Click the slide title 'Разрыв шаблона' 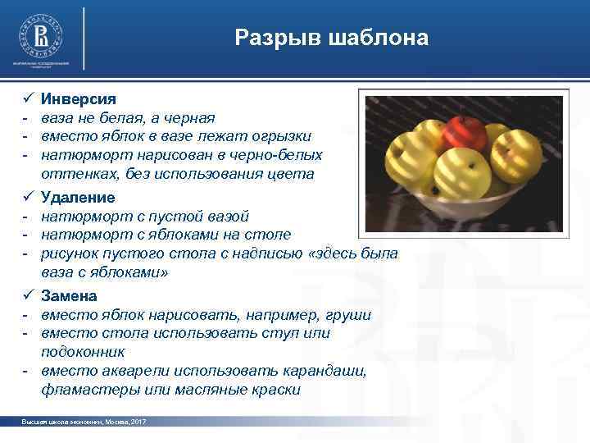[331, 38]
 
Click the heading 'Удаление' [78, 198]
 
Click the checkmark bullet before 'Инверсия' [26, 99]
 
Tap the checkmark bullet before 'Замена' [26, 295]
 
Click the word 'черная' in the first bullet [189, 117]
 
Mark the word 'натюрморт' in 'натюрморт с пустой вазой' [79, 217]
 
